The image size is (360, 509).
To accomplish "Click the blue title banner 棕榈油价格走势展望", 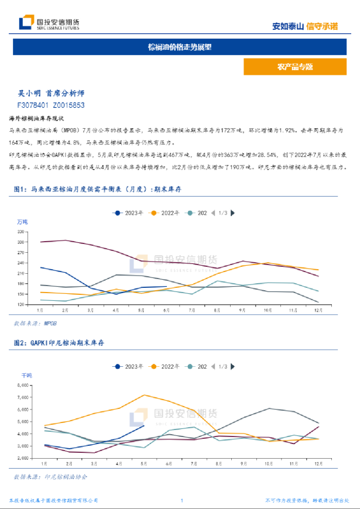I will click(x=180, y=46).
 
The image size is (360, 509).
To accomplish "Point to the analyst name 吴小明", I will click(x=30, y=93).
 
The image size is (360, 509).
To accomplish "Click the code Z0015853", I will click(x=68, y=105).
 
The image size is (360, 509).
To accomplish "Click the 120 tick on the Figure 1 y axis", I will click(x=21, y=305).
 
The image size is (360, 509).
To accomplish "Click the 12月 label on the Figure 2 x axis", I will click(x=317, y=463).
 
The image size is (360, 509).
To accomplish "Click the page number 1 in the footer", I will click(x=181, y=501).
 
